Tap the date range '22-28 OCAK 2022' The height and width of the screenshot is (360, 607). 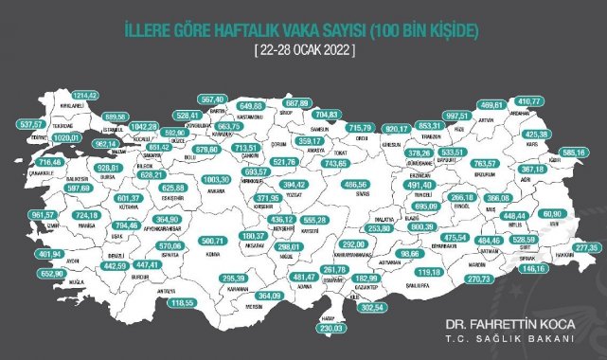pos(303,47)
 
